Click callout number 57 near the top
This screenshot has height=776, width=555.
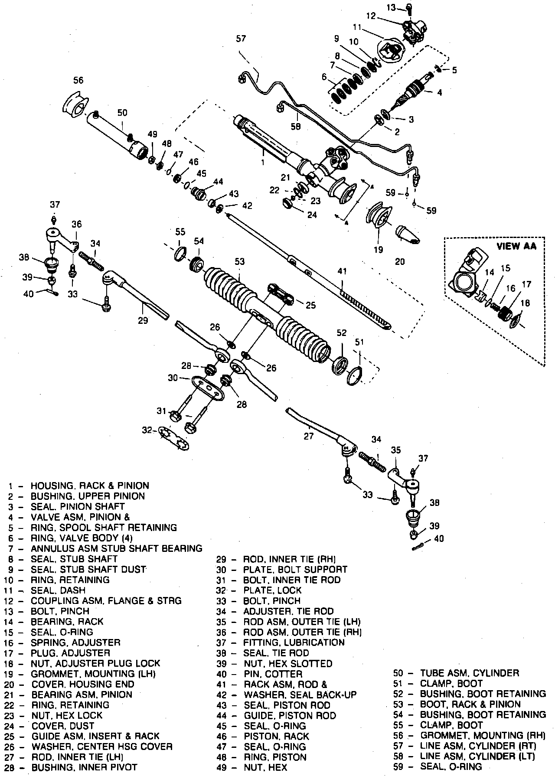pyautogui.click(x=241, y=39)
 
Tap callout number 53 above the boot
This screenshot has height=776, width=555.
pyautogui.click(x=239, y=261)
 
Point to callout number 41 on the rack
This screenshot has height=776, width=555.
pyautogui.click(x=342, y=272)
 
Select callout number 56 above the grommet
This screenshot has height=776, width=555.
pyautogui.click(x=78, y=80)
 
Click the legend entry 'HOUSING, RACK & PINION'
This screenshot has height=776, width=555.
pyautogui.click(x=90, y=486)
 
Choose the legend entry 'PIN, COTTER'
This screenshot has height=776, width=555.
pyautogui.click(x=273, y=674)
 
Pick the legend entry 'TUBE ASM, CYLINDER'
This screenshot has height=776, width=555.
pyautogui.click(x=470, y=673)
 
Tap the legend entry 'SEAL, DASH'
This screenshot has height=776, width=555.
pyautogui.click(x=58, y=590)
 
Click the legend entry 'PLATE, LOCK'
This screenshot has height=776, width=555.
pyautogui.click(x=272, y=590)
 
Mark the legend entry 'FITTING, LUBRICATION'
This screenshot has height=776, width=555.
pyautogui.click(x=294, y=642)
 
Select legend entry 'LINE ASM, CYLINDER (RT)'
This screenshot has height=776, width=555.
pyautogui.click(x=478, y=746)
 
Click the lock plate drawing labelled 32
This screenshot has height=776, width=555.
pyautogui.click(x=174, y=437)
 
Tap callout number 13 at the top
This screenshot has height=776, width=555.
pyautogui.click(x=391, y=7)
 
